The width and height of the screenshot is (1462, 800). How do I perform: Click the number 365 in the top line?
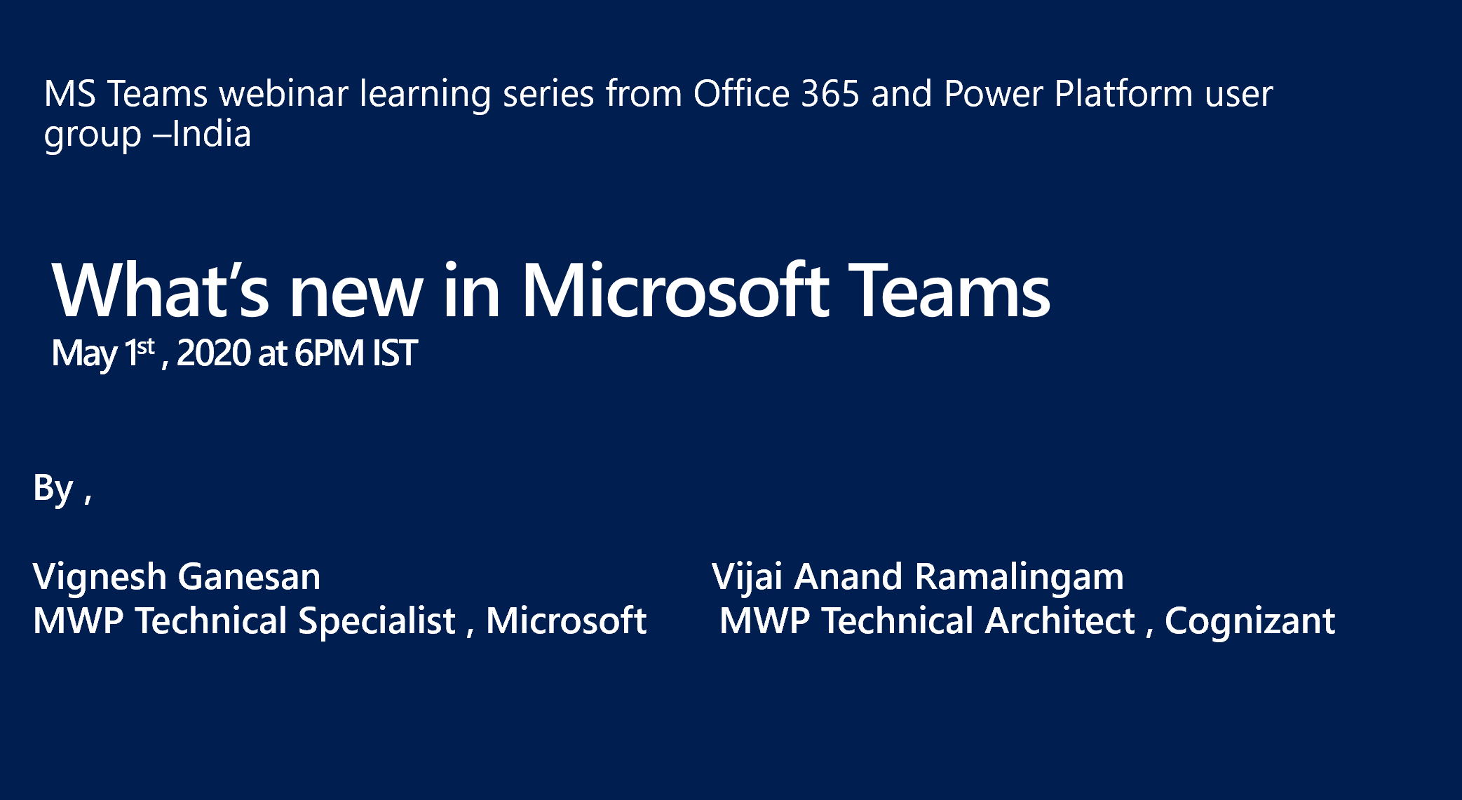click(x=830, y=93)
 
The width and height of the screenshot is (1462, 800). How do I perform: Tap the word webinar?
click(x=283, y=93)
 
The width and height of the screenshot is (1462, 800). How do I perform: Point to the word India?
click(x=211, y=134)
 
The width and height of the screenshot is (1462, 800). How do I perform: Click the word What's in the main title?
click(x=160, y=290)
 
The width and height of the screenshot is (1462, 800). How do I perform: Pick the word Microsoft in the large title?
click(x=675, y=290)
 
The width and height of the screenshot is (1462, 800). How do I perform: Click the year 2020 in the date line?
click(x=213, y=353)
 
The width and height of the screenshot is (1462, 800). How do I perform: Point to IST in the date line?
click(x=395, y=353)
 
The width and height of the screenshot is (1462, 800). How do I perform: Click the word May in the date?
click(x=84, y=354)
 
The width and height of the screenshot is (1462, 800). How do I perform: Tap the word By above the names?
click(x=53, y=488)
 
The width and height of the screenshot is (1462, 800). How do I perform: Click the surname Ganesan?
click(x=249, y=577)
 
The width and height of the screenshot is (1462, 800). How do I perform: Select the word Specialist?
click(x=377, y=621)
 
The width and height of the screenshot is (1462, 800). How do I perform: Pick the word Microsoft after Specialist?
click(x=566, y=621)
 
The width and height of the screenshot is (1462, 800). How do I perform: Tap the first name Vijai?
click(x=747, y=578)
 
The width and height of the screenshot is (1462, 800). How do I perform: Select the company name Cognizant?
click(x=1250, y=621)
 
